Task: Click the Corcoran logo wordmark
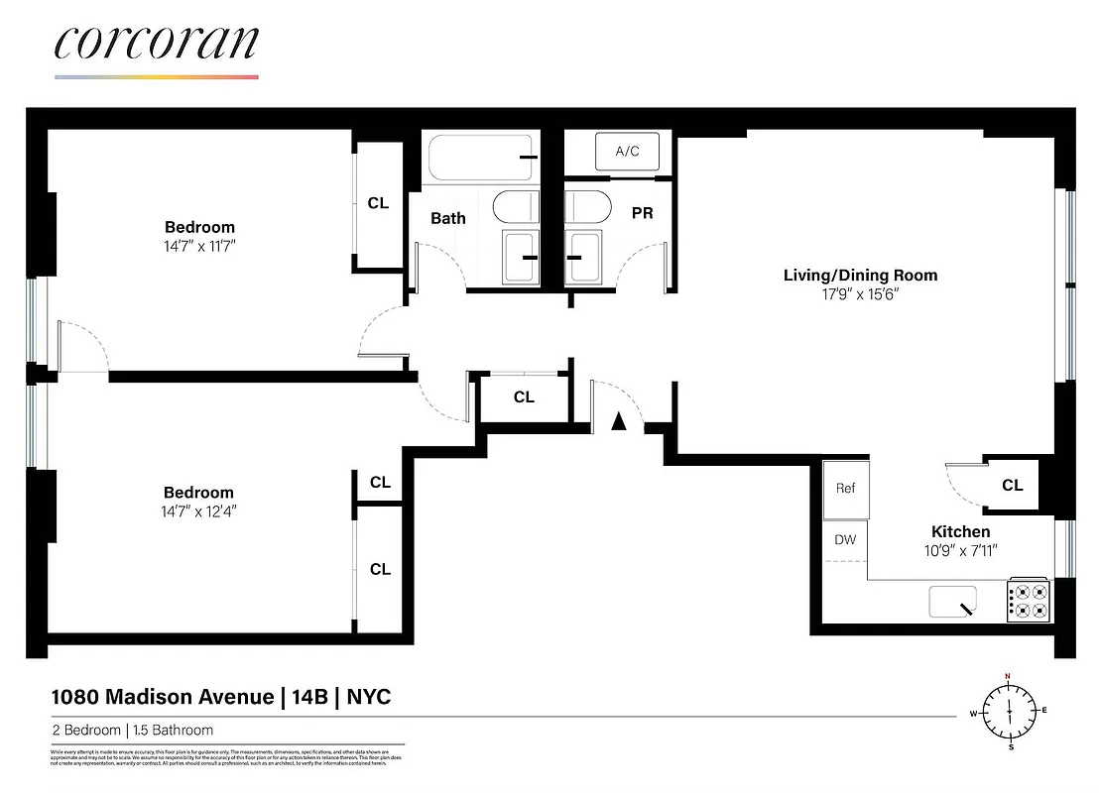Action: (157, 44)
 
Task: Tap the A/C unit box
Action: (627, 152)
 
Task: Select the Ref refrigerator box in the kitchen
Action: (845, 489)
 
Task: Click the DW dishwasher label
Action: (844, 540)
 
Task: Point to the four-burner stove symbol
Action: (1029, 601)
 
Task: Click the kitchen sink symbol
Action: (953, 601)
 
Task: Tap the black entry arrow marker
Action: (619, 421)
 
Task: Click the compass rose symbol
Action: (1010, 710)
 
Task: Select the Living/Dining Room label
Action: (860, 276)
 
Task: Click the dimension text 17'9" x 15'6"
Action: (860, 294)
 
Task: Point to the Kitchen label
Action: (960, 532)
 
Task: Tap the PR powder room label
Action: (642, 213)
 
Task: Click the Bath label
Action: (448, 218)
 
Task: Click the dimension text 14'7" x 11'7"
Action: (199, 246)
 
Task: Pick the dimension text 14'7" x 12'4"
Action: (199, 511)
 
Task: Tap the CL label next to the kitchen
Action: (1012, 486)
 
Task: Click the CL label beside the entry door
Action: (524, 397)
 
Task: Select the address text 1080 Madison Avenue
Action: (163, 697)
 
